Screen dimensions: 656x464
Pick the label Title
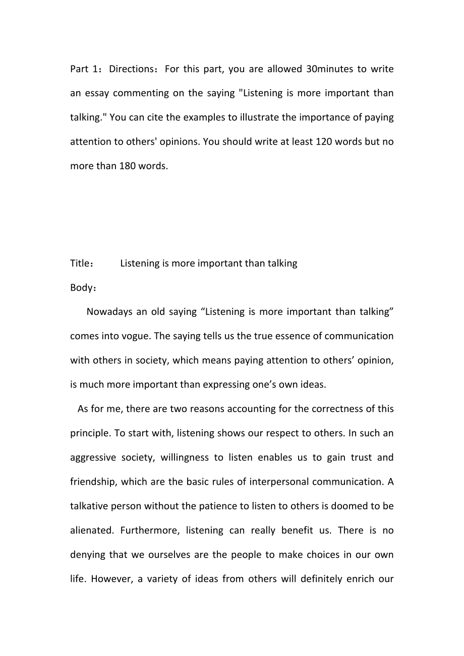(x=79, y=264)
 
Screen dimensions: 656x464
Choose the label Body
(x=81, y=288)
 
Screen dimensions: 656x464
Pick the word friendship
(x=94, y=482)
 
